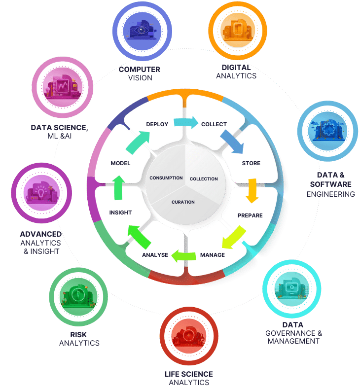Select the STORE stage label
251,163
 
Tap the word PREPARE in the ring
250,215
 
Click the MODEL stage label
120,163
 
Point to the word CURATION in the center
183,202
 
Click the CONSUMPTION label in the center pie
166,177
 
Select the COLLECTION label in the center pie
204,178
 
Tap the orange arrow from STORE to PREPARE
253,190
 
